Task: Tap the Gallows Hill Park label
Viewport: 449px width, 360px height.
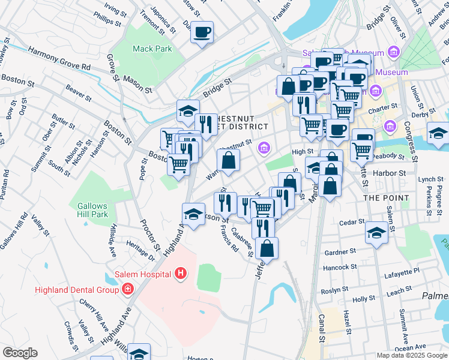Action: point(92,210)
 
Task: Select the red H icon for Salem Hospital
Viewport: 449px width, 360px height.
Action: point(181,275)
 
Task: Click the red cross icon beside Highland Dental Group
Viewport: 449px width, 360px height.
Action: point(127,290)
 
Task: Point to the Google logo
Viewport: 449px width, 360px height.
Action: point(20,353)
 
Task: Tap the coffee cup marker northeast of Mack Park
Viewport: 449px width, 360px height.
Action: point(202,32)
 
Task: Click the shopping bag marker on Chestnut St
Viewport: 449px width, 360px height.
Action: point(229,160)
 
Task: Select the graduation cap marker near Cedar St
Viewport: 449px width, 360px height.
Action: point(376,232)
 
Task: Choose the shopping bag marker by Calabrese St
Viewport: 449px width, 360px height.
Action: point(267,248)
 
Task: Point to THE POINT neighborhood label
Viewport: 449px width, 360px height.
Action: point(385,197)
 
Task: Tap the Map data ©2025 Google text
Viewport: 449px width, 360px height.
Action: point(412,355)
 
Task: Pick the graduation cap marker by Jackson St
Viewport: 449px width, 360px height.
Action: point(193,214)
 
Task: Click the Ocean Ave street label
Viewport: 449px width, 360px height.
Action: point(411,347)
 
